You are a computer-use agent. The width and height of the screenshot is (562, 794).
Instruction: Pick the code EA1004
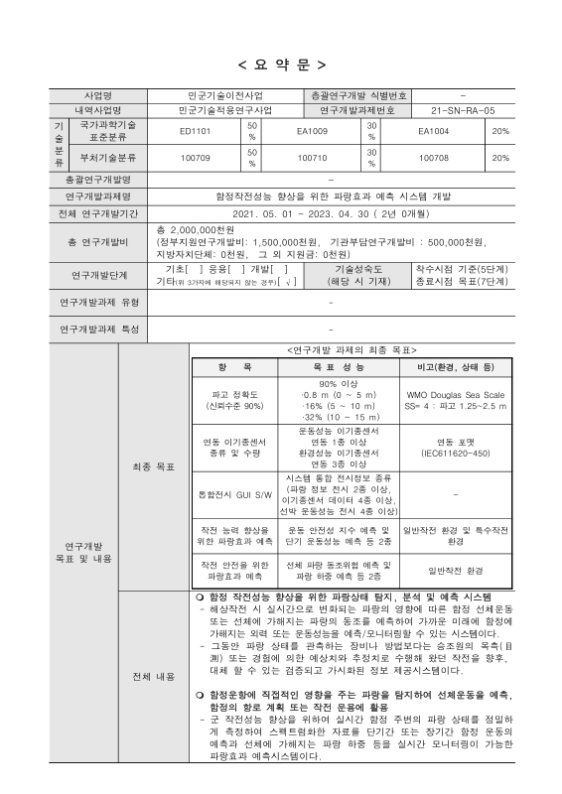[433, 131]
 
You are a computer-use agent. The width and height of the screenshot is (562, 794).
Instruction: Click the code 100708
[433, 157]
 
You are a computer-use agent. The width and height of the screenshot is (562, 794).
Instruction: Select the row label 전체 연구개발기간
[98, 213]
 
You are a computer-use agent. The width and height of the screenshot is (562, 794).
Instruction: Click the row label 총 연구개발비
[98, 242]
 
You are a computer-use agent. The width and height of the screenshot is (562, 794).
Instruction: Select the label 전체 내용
[153, 677]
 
